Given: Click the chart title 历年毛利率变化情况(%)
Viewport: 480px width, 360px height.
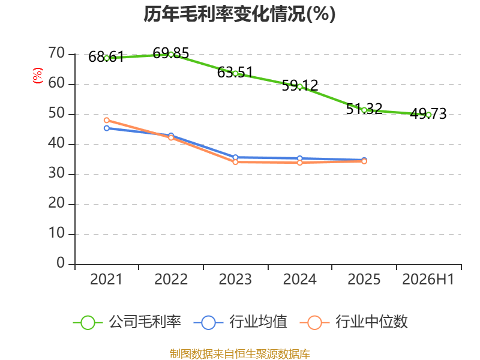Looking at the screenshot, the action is pos(239,14).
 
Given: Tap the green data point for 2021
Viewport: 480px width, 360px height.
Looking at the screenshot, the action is pos(107,58).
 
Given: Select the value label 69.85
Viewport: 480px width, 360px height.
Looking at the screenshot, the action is pos(171,53).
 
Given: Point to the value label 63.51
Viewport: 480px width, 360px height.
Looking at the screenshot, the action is pos(235,73).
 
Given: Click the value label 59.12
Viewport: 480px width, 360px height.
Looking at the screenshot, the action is pos(299,85).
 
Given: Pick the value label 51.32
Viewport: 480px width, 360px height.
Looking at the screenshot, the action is pos(364,109).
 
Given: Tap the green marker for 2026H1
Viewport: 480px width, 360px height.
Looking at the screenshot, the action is pos(428,115).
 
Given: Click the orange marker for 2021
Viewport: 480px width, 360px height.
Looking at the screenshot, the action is pos(107,121).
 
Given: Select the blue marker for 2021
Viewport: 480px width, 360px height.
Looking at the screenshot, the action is pos(107,128).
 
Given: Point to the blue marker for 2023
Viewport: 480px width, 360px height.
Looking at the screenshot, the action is pos(235,157).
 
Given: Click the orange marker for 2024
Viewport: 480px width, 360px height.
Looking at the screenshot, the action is pos(299,163).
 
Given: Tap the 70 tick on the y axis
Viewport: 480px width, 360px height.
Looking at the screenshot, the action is pos(56,53).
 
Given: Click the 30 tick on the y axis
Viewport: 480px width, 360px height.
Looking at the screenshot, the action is pos(56,173).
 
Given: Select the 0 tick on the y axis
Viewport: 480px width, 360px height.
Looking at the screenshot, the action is pos(61,263).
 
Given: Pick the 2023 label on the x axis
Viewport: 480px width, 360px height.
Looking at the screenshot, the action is pos(235,280).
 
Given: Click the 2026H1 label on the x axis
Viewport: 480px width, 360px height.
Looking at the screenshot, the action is pos(428,280).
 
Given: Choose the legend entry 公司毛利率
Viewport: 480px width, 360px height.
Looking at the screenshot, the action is pos(127,322).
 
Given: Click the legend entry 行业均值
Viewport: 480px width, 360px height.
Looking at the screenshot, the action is pos(241,322).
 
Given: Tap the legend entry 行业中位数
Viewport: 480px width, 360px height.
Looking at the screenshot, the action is pos(353,322).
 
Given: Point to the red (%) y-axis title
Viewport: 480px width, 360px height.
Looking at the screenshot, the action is pos(38,76).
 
